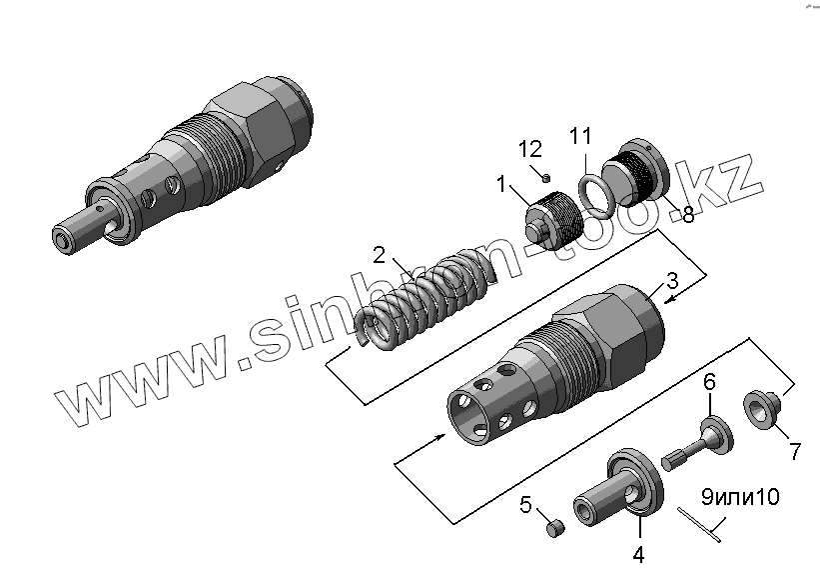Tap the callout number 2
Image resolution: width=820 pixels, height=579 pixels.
coord(379,254)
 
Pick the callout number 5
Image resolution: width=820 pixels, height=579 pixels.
coord(526,504)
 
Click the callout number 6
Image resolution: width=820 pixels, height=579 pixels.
coord(710,381)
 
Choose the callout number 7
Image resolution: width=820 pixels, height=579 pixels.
coord(795,451)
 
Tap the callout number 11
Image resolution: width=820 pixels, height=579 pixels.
coord(581,135)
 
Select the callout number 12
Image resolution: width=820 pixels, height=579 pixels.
coord(529,149)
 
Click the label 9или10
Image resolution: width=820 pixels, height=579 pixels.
coord(739,496)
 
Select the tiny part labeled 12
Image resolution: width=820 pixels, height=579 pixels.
coord(547,177)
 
